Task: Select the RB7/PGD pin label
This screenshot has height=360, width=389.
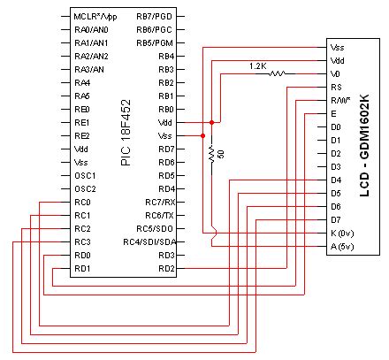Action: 155,17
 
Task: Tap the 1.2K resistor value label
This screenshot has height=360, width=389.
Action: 257,65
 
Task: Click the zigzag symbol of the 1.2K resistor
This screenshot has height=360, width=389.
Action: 277,74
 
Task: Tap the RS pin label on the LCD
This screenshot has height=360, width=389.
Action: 336,88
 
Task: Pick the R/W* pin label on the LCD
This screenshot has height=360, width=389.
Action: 340,101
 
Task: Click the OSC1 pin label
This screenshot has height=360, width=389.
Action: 84,175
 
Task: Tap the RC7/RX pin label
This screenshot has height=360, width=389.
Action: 158,202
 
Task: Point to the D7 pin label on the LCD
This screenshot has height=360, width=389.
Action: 335,219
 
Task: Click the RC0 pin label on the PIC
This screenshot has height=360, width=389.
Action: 82,202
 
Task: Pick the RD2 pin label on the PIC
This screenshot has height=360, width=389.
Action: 165,268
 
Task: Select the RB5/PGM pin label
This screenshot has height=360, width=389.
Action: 155,42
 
